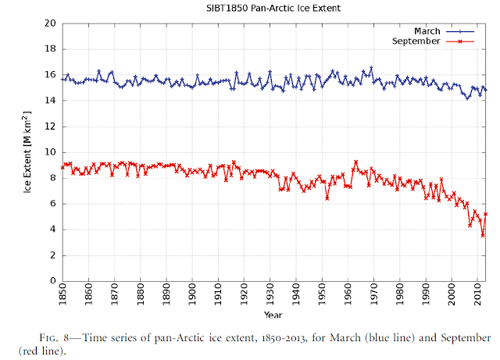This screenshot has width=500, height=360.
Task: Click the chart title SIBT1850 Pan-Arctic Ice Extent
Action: pos(273,9)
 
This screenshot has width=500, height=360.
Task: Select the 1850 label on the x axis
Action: pos(62,298)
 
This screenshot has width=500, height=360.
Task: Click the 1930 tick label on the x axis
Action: pos(270,298)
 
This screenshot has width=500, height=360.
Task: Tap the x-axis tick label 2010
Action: pos(477,298)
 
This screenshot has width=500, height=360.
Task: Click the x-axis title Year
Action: pos(273,315)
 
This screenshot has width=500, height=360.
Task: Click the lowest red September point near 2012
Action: pos(483,235)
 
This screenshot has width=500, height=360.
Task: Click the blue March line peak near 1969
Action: pos(371,68)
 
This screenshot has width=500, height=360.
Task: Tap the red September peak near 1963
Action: pos(355,162)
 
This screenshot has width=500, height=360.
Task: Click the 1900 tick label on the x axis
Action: pos(192,298)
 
